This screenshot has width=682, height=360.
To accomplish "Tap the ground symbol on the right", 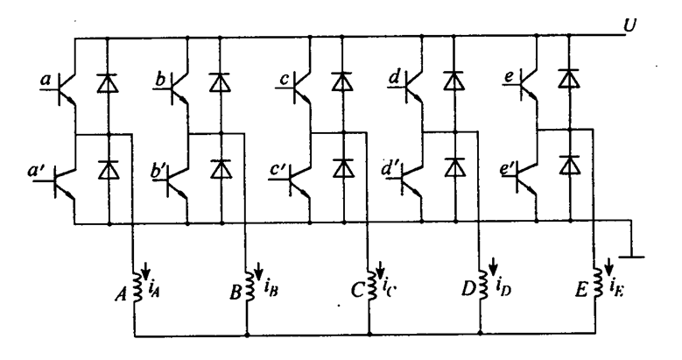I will (627, 256).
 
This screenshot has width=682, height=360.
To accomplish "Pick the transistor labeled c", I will (304, 85).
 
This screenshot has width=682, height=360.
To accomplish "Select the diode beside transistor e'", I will (570, 164).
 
